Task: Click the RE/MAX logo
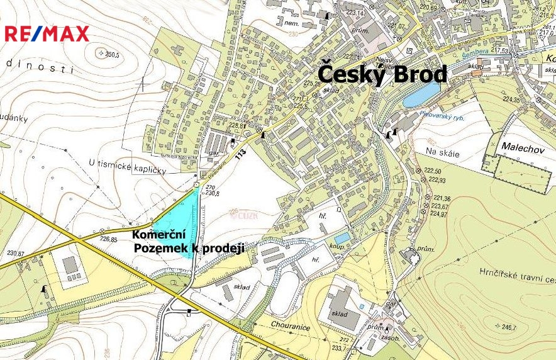pyautogui.click(x=47, y=34)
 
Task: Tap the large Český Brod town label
pyautogui.click(x=382, y=73)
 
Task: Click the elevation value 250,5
pyautogui.click(x=112, y=55)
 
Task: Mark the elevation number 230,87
pyautogui.click(x=16, y=253)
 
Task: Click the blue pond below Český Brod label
pyautogui.click(x=421, y=95)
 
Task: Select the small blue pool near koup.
pyautogui.click(x=342, y=238)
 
